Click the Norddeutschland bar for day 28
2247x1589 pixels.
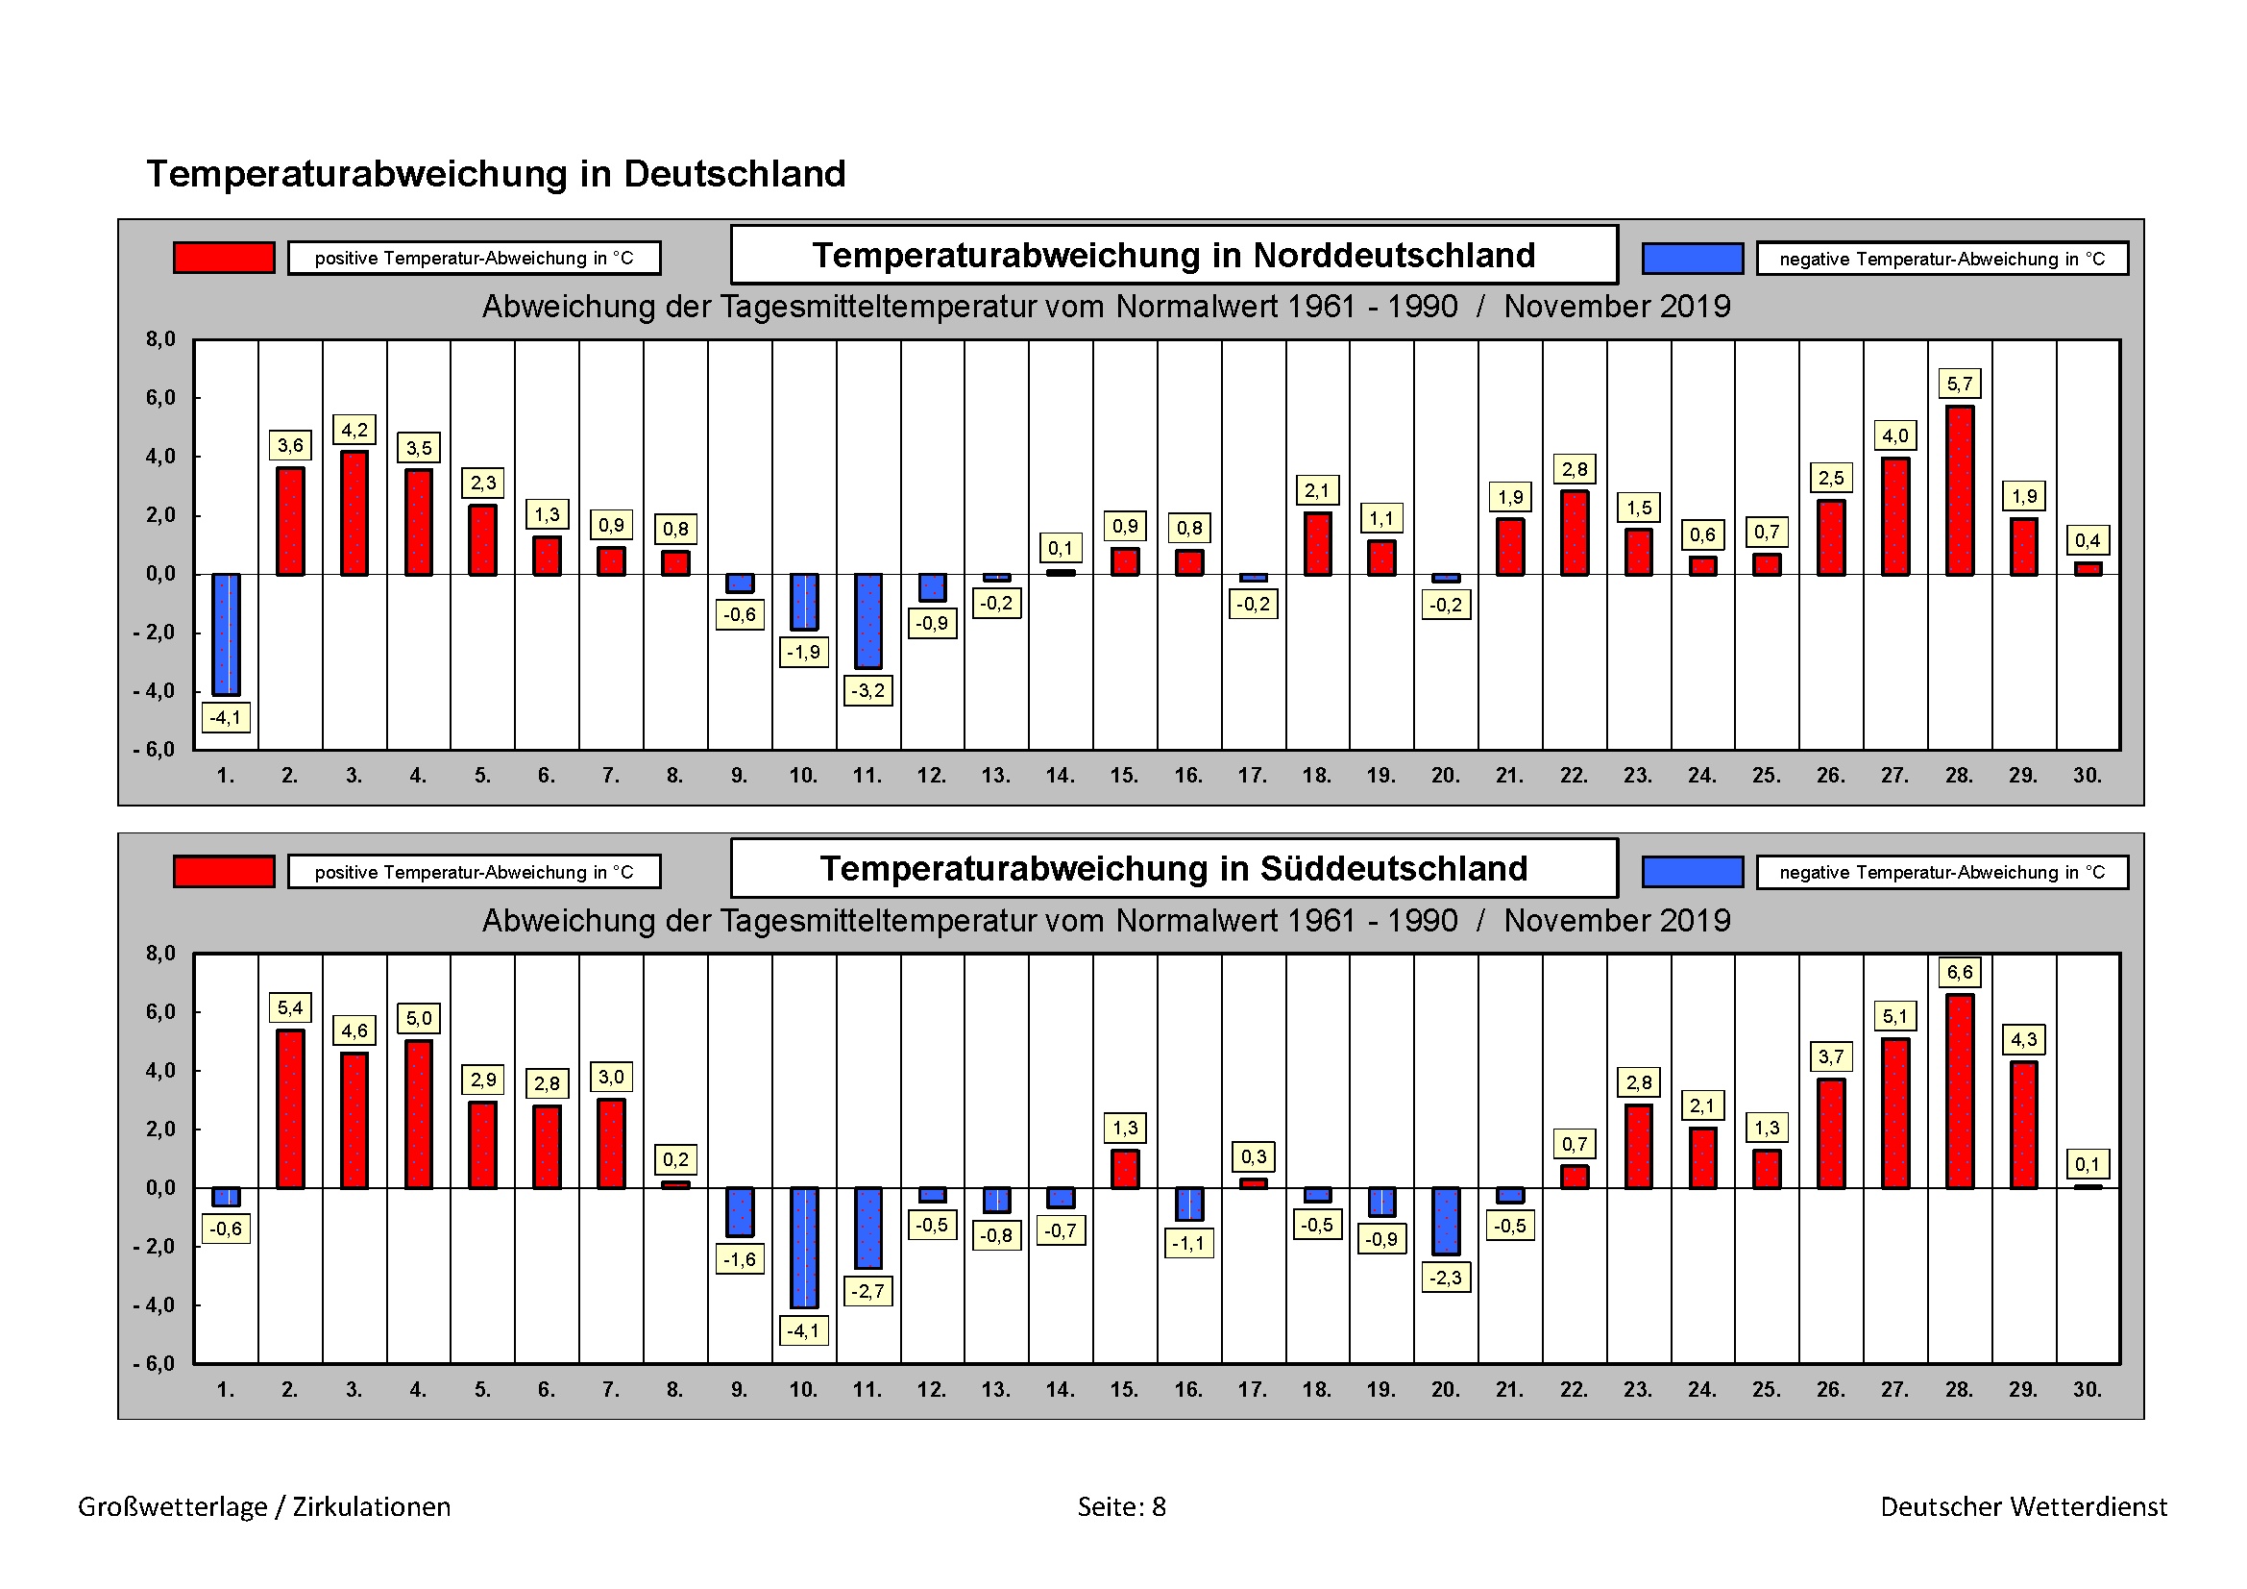click(x=1959, y=489)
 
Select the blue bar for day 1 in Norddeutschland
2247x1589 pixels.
click(x=226, y=633)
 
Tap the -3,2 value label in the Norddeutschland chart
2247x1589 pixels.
click(x=867, y=690)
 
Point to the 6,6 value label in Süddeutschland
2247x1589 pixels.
click(x=1959, y=972)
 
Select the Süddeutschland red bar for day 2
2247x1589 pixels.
click(x=291, y=1108)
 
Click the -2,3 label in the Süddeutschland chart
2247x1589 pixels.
click(x=1446, y=1278)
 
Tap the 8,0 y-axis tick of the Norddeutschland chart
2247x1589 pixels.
click(x=160, y=339)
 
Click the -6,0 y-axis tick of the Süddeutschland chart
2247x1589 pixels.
click(x=155, y=1364)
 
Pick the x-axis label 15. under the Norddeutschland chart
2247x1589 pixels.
click(x=1125, y=776)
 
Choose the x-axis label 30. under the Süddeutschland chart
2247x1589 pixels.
click(x=2088, y=1389)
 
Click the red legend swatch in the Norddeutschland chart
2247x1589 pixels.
click(x=224, y=258)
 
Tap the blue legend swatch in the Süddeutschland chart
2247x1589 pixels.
click(x=1692, y=871)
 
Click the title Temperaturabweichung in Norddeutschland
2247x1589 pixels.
click(x=1173, y=255)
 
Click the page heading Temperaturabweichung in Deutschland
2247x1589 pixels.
click(x=495, y=173)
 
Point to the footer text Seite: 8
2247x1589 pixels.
click(x=1121, y=1505)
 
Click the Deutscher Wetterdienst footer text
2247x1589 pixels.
click(x=2024, y=1505)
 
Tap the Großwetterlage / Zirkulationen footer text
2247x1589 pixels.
click(x=264, y=1505)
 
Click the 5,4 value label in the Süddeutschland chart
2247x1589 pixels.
click(x=291, y=1007)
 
